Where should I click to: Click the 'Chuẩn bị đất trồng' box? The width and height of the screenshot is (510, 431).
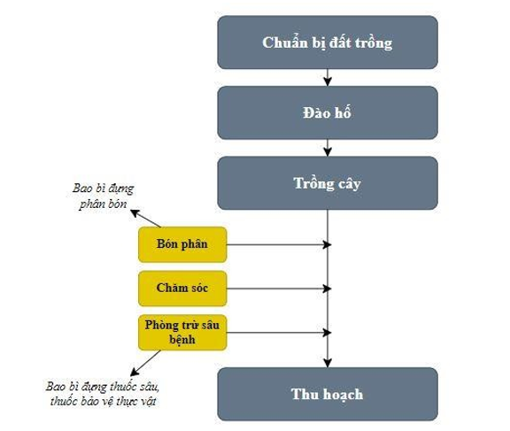[x=328, y=42]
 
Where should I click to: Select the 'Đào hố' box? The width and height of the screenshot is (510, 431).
[x=328, y=112]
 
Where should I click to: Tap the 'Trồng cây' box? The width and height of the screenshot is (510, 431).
[x=328, y=183]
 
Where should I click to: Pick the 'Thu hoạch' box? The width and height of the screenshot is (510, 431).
[x=328, y=394]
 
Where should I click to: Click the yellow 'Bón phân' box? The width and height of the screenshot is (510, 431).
[x=182, y=244]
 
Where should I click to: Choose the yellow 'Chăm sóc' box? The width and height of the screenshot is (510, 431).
[x=182, y=289]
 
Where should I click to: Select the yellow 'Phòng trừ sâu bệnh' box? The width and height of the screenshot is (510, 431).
[x=182, y=333]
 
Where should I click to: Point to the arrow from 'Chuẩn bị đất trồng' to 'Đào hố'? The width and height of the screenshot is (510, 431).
[x=328, y=77]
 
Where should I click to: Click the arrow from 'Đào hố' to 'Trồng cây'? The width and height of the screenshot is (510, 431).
[x=328, y=148]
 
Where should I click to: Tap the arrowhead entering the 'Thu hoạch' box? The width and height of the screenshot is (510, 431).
[x=328, y=364]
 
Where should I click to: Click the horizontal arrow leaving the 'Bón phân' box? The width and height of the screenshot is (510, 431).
[x=279, y=244]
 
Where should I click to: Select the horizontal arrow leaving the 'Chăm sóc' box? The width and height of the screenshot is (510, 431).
[x=279, y=289]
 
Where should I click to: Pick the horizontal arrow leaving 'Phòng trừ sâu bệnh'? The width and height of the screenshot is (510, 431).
[x=279, y=333]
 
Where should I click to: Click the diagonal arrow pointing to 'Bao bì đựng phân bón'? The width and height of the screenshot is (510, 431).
[x=145, y=218]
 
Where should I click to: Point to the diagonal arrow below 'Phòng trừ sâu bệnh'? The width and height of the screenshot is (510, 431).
[x=145, y=363]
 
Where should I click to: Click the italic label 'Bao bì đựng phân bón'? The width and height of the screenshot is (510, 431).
[x=103, y=196]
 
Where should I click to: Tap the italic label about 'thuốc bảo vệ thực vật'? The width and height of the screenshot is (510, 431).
[x=103, y=394]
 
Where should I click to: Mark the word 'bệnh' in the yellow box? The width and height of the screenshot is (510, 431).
[x=182, y=340]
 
